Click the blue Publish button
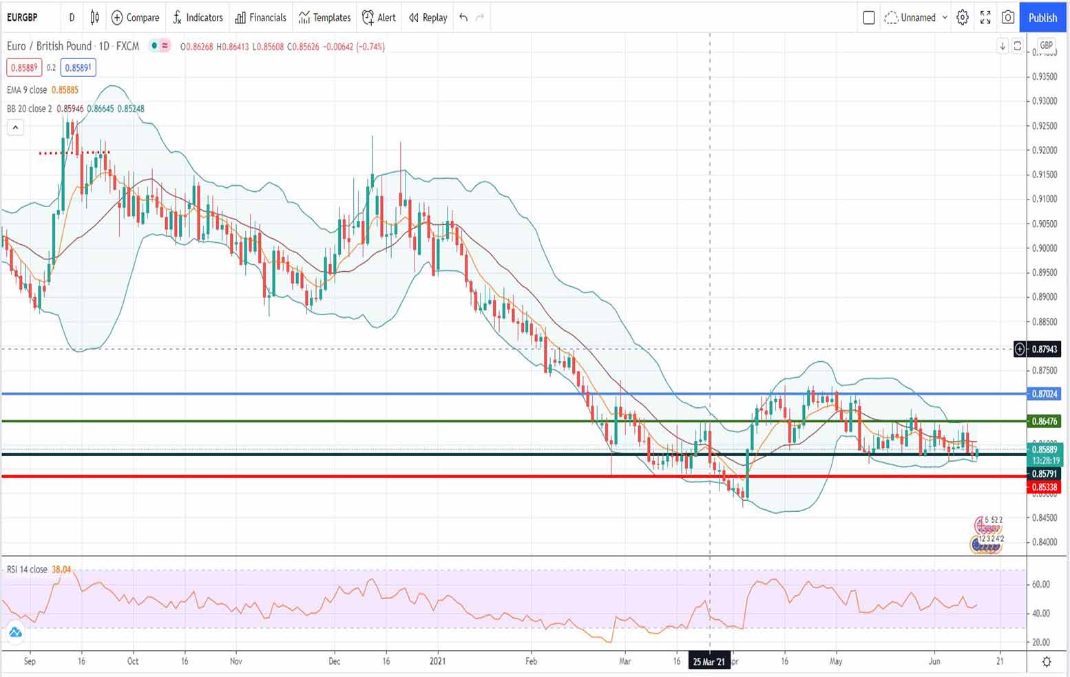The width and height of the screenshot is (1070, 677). coord(1042,17)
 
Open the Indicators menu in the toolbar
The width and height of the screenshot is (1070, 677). coord(198,17)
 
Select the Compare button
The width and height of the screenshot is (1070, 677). coord(135,17)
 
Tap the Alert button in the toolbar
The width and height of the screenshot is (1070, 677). coord(379,17)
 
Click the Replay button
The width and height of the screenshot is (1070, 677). coord(428,17)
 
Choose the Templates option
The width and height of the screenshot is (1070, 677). coord(324,17)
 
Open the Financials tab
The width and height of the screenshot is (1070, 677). coord(260,17)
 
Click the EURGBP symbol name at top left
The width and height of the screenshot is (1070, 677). coord(23,17)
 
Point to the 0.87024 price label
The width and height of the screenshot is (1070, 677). coord(1044,394)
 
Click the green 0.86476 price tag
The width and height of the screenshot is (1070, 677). coord(1044,421)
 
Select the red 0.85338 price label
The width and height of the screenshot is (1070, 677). coord(1044,487)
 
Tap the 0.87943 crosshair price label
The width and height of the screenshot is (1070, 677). coord(1044,350)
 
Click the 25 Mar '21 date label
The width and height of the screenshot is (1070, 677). coord(709,662)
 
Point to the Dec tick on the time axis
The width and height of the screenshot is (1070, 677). coord(335,661)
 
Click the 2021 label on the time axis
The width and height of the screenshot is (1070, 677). coord(438,661)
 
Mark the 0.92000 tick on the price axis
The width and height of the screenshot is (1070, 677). coord(1045,150)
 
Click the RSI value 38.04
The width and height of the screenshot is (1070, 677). coord(61,570)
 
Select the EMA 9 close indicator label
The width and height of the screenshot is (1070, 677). coord(27,90)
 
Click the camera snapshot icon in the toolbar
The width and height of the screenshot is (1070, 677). coord(1008,17)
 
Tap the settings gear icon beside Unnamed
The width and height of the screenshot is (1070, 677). coord(963,17)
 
